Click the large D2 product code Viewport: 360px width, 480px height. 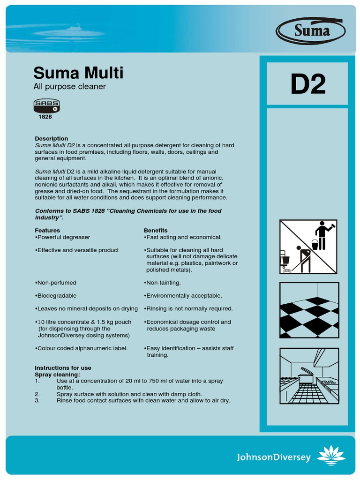[x=307, y=84]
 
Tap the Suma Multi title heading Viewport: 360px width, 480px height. [x=78, y=73]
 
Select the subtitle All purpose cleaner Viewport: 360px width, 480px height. [x=69, y=87]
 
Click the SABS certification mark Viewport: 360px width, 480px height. [x=46, y=105]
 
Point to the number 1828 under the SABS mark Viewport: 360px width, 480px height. [x=45, y=117]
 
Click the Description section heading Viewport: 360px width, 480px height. [x=51, y=139]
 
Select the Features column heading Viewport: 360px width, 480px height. [x=47, y=231]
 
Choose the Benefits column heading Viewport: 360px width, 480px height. [x=156, y=231]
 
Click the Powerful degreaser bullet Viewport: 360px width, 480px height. [x=63, y=237]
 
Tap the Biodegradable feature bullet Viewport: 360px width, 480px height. [x=56, y=296]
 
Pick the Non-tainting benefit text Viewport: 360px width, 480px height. [x=163, y=283]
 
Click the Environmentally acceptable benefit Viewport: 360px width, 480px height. [x=184, y=296]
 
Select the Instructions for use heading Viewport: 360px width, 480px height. [x=63, y=368]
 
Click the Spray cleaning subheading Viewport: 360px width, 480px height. [x=57, y=375]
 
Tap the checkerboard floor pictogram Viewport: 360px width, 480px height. [x=309, y=310]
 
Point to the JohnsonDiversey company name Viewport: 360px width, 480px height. [x=273, y=457]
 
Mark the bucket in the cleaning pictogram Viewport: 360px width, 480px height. [x=315, y=244]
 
